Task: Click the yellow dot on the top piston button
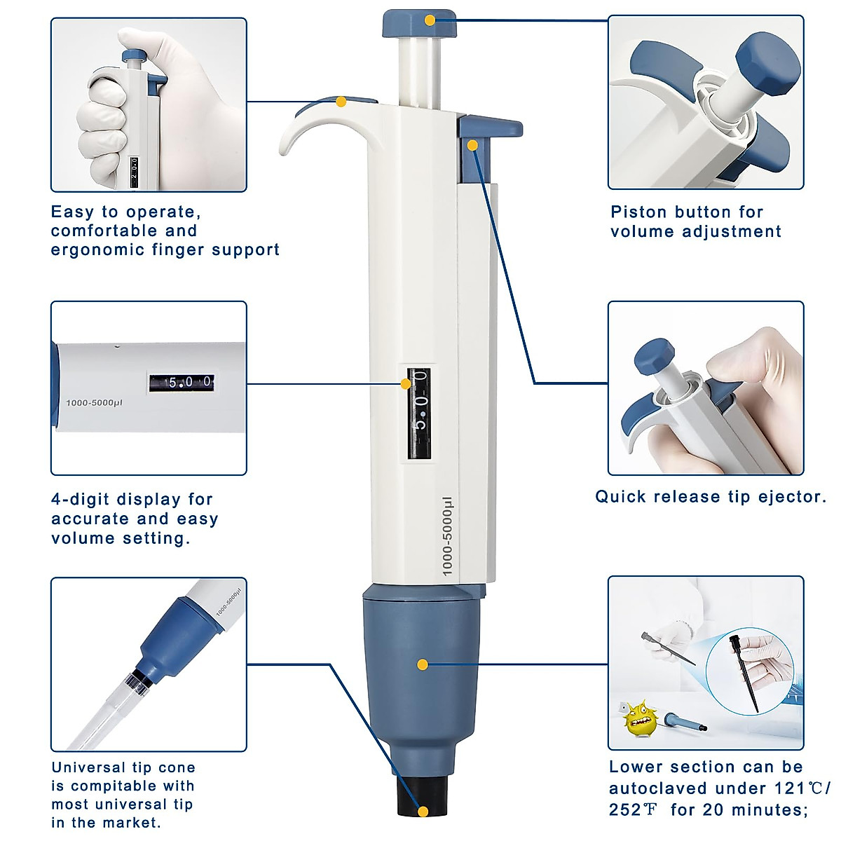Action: point(429,20)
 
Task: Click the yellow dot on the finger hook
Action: point(341,102)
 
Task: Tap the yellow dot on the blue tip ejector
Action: point(472,146)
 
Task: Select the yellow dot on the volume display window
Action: point(405,384)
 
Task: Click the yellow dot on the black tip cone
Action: point(423,812)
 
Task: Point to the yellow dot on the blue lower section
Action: point(422,664)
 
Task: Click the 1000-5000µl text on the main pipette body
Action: point(447,537)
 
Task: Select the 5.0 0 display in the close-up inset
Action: point(181,383)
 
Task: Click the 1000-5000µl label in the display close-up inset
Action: point(94,403)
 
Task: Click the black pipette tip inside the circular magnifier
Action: point(739,669)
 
